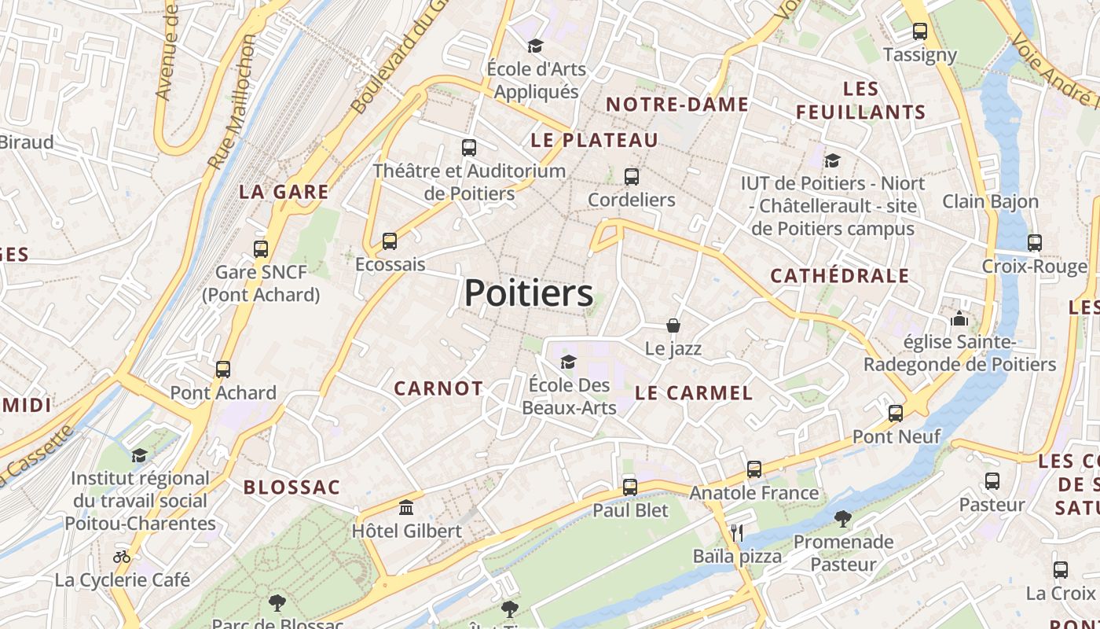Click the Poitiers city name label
pyautogui.click(x=528, y=294)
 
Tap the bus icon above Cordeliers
pyautogui.click(x=631, y=177)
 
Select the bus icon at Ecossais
pyautogui.click(x=389, y=241)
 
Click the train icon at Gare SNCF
pyautogui.click(x=261, y=249)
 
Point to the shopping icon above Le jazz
pyautogui.click(x=673, y=326)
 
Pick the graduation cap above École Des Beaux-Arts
pyautogui.click(x=568, y=362)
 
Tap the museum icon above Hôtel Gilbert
pyautogui.click(x=406, y=508)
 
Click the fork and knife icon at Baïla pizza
pyautogui.click(x=736, y=533)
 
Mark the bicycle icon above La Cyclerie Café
pyautogui.click(x=122, y=557)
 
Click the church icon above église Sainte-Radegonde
pyautogui.click(x=959, y=319)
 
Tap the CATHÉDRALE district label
pyautogui.click(x=839, y=276)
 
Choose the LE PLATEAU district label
pyautogui.click(x=594, y=141)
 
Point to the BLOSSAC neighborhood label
pyautogui.click(x=291, y=487)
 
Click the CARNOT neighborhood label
pyautogui.click(x=438, y=388)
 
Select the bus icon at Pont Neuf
pyautogui.click(x=896, y=414)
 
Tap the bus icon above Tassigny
pyautogui.click(x=919, y=32)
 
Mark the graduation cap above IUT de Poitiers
pyautogui.click(x=832, y=161)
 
